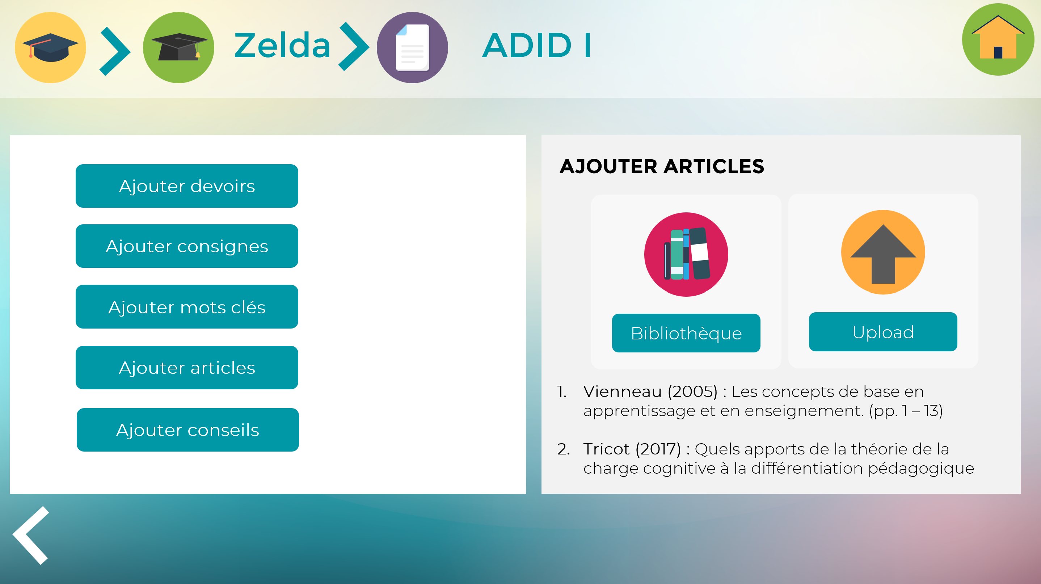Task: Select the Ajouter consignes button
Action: pyautogui.click(x=187, y=246)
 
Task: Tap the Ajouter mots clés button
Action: pyautogui.click(x=187, y=306)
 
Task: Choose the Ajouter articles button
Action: pyautogui.click(x=187, y=368)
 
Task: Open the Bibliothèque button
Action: pyautogui.click(x=686, y=333)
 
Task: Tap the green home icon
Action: pyautogui.click(x=998, y=39)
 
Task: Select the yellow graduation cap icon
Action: pyautogui.click(x=51, y=47)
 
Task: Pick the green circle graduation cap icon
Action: pyautogui.click(x=178, y=47)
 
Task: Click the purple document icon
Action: pyautogui.click(x=412, y=47)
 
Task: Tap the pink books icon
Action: pyautogui.click(x=686, y=254)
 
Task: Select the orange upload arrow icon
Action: pyautogui.click(x=882, y=252)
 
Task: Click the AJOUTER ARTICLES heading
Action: pyautogui.click(x=662, y=166)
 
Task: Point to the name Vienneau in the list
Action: pyautogui.click(x=622, y=392)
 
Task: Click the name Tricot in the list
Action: pyautogui.click(x=606, y=449)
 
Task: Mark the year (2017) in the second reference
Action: pyautogui.click(x=658, y=449)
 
